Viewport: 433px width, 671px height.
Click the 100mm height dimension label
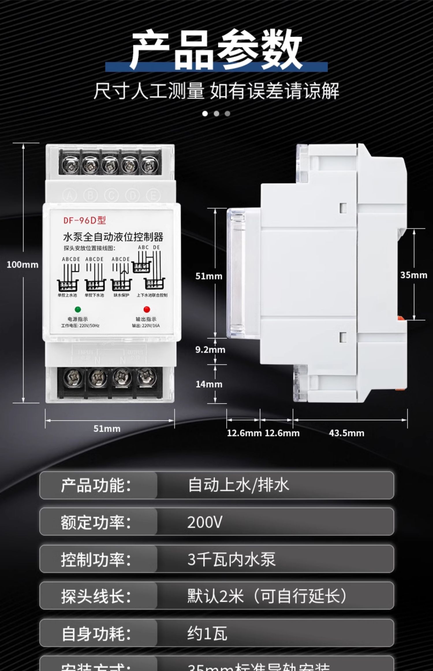click(x=23, y=264)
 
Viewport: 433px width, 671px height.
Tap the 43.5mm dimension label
click(x=346, y=433)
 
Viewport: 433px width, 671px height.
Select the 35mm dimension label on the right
click(x=413, y=275)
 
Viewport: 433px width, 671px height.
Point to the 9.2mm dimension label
click(x=210, y=350)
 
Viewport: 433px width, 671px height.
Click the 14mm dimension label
click(x=209, y=384)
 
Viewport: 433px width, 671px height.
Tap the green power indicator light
click(x=78, y=309)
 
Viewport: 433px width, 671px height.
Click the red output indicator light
click(x=147, y=309)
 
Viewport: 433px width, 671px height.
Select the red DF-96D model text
click(x=85, y=220)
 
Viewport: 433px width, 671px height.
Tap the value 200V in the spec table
click(x=205, y=522)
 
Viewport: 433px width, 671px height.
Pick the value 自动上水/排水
click(x=238, y=485)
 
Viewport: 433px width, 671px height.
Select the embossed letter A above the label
click(x=70, y=196)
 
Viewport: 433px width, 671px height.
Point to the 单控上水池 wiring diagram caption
click(x=67, y=295)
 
